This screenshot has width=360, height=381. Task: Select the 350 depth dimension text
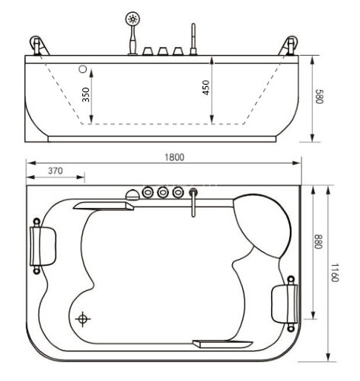86,94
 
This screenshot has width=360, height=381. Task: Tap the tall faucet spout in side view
193,38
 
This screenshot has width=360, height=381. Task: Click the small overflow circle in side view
81,67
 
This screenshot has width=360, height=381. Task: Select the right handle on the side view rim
290,46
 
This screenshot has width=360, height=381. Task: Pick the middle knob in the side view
163,51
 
